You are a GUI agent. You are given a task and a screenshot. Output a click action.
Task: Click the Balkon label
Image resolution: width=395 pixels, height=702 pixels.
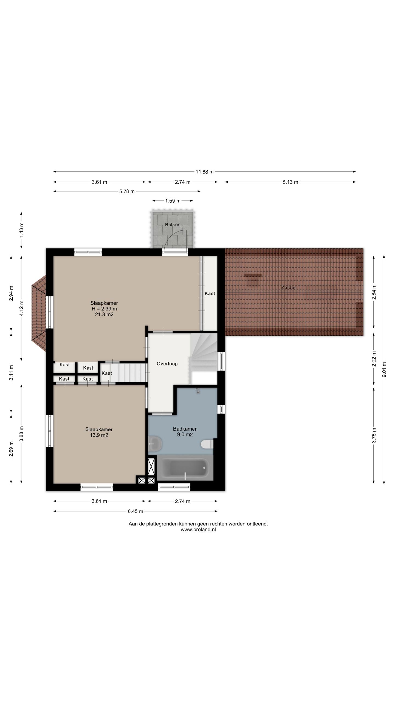tap(173, 225)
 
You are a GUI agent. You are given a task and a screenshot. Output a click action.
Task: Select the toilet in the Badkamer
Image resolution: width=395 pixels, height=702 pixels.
tap(207, 444)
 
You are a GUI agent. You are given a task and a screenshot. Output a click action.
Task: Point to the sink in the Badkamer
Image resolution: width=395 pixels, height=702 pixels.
tap(155, 443)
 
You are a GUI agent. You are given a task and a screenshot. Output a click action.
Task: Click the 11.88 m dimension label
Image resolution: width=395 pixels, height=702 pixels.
tap(204, 172)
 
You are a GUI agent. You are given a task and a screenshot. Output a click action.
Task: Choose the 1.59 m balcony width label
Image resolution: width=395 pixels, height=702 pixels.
tap(173, 201)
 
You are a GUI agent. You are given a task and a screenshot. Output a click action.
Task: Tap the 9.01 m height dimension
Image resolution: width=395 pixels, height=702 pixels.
tap(384, 369)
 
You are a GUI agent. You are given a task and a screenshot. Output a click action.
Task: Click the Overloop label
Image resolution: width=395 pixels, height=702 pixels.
tap(167, 364)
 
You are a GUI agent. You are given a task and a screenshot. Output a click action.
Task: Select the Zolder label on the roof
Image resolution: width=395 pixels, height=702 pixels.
tap(289, 287)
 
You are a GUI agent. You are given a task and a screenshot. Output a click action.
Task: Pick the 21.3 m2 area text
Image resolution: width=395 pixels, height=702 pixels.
tap(104, 315)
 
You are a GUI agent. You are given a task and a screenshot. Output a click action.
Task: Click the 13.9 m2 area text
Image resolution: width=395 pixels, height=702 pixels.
tap(99, 435)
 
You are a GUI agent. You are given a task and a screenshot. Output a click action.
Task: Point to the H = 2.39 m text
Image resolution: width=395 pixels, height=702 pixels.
tap(104, 309)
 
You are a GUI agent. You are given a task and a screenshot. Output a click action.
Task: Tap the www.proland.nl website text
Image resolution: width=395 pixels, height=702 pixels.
tap(198, 530)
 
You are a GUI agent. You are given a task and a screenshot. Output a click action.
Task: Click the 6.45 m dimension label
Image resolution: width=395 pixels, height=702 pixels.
tap(136, 511)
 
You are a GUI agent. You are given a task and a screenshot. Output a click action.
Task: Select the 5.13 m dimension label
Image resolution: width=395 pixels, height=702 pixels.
tap(290, 182)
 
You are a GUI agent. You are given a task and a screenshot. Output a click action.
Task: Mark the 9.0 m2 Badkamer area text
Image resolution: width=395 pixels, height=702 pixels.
tap(185, 435)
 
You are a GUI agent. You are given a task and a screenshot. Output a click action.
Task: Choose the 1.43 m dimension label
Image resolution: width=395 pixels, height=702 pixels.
tap(21, 230)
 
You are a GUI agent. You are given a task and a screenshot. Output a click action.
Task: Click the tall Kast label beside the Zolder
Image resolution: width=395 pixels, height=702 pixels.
tap(210, 293)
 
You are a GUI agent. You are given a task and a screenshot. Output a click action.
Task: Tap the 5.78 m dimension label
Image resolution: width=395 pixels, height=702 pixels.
tap(127, 191)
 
